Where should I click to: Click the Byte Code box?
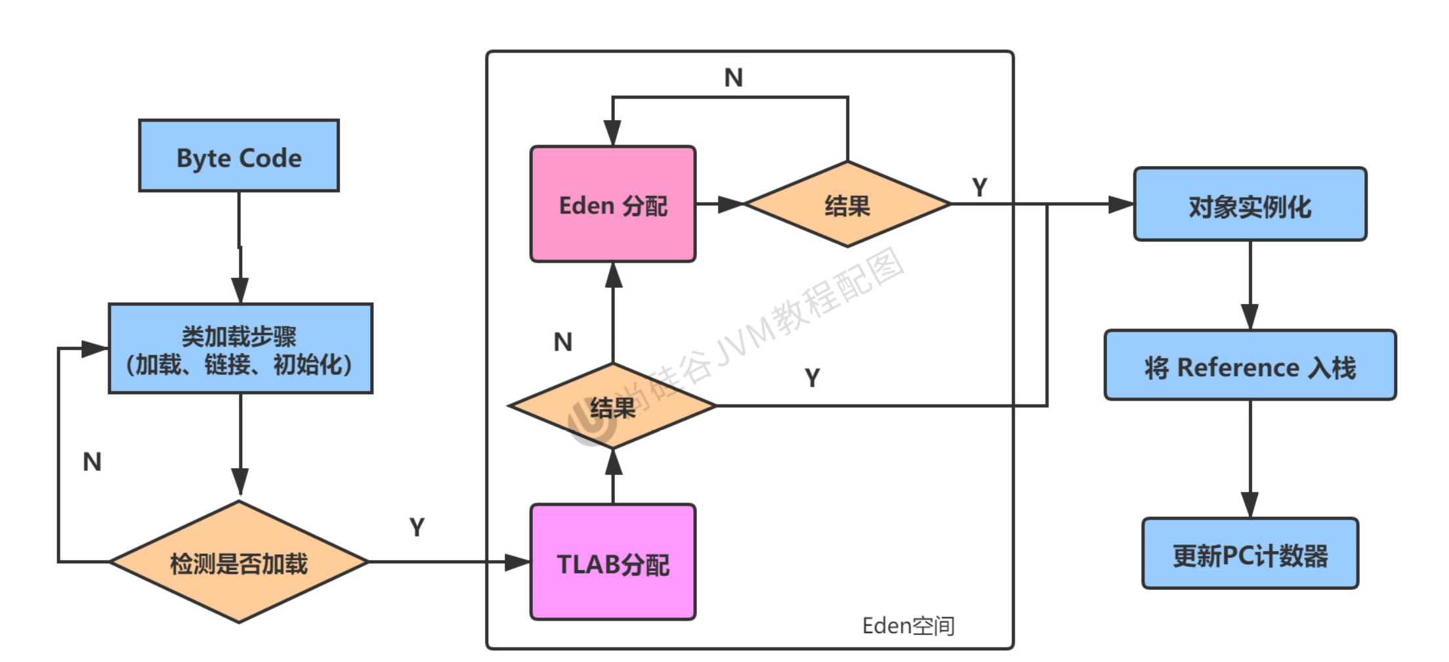pos(239,156)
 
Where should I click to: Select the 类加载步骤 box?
pos(240,349)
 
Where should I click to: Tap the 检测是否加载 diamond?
pos(239,562)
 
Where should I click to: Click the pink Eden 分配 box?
pos(612,204)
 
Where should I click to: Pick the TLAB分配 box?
pos(612,562)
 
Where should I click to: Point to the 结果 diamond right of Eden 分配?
pos(847,204)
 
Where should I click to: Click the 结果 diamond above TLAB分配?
pos(612,407)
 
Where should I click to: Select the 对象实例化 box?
pos(1249,204)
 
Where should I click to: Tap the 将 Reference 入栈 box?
pos(1249,366)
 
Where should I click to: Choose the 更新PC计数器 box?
pos(1249,554)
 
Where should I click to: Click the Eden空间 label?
pos(908,626)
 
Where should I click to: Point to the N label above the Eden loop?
pos(733,77)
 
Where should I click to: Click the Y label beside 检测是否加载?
pos(417,527)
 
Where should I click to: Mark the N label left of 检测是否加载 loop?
pos(92,462)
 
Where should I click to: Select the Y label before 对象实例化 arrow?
pos(979,188)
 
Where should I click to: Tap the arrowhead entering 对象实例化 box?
pos(1121,204)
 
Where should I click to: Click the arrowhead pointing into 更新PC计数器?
pos(1249,504)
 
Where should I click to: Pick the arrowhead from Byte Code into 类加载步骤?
pos(240,290)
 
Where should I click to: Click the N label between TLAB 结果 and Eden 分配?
pos(562,342)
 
